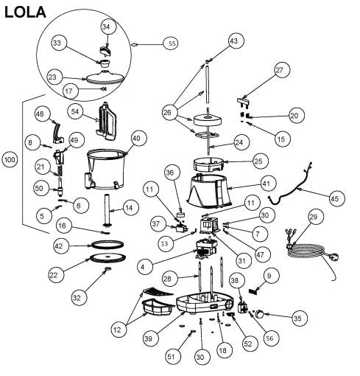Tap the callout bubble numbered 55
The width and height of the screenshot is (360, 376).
(x=172, y=44)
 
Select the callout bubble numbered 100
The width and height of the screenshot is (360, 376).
(x=10, y=159)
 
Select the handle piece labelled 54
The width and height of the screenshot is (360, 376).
(x=109, y=122)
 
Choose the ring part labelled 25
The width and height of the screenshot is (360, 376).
(x=210, y=161)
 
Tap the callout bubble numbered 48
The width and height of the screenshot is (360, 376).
(x=40, y=114)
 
